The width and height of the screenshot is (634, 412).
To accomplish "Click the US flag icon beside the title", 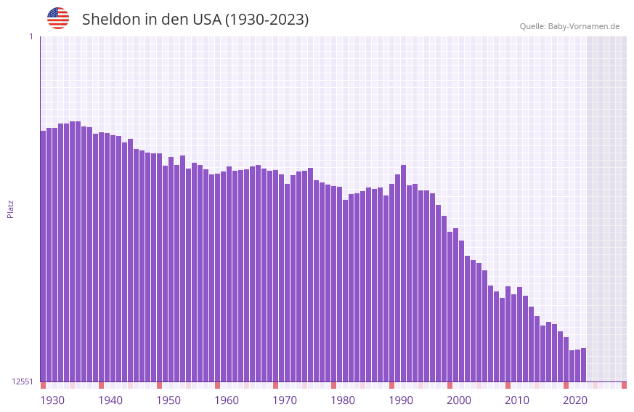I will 58,18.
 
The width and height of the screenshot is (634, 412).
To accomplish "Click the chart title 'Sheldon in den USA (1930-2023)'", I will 195,20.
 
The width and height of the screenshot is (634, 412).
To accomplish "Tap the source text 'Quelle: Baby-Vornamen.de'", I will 569,26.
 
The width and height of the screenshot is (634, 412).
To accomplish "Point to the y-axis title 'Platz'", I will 10,209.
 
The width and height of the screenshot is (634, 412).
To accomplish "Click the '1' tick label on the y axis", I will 31,36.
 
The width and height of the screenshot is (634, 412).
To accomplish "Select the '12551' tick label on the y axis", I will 23,381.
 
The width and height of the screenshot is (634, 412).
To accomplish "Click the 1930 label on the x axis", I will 52,400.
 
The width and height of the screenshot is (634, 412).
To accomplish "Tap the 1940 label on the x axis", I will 110,400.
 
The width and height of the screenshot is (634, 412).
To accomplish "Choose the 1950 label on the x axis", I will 168,400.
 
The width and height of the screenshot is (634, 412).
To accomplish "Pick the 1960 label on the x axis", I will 227,400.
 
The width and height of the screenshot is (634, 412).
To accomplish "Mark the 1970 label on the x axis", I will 285,400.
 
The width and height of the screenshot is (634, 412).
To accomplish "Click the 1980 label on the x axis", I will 343,400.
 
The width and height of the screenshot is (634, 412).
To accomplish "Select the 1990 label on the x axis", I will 401,400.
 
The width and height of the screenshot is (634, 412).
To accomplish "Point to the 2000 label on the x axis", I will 459,400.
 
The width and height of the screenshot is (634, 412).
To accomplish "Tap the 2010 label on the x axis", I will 517,400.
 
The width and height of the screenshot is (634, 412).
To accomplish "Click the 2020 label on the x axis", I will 575,400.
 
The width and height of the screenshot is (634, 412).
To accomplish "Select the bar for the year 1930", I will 44,254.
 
